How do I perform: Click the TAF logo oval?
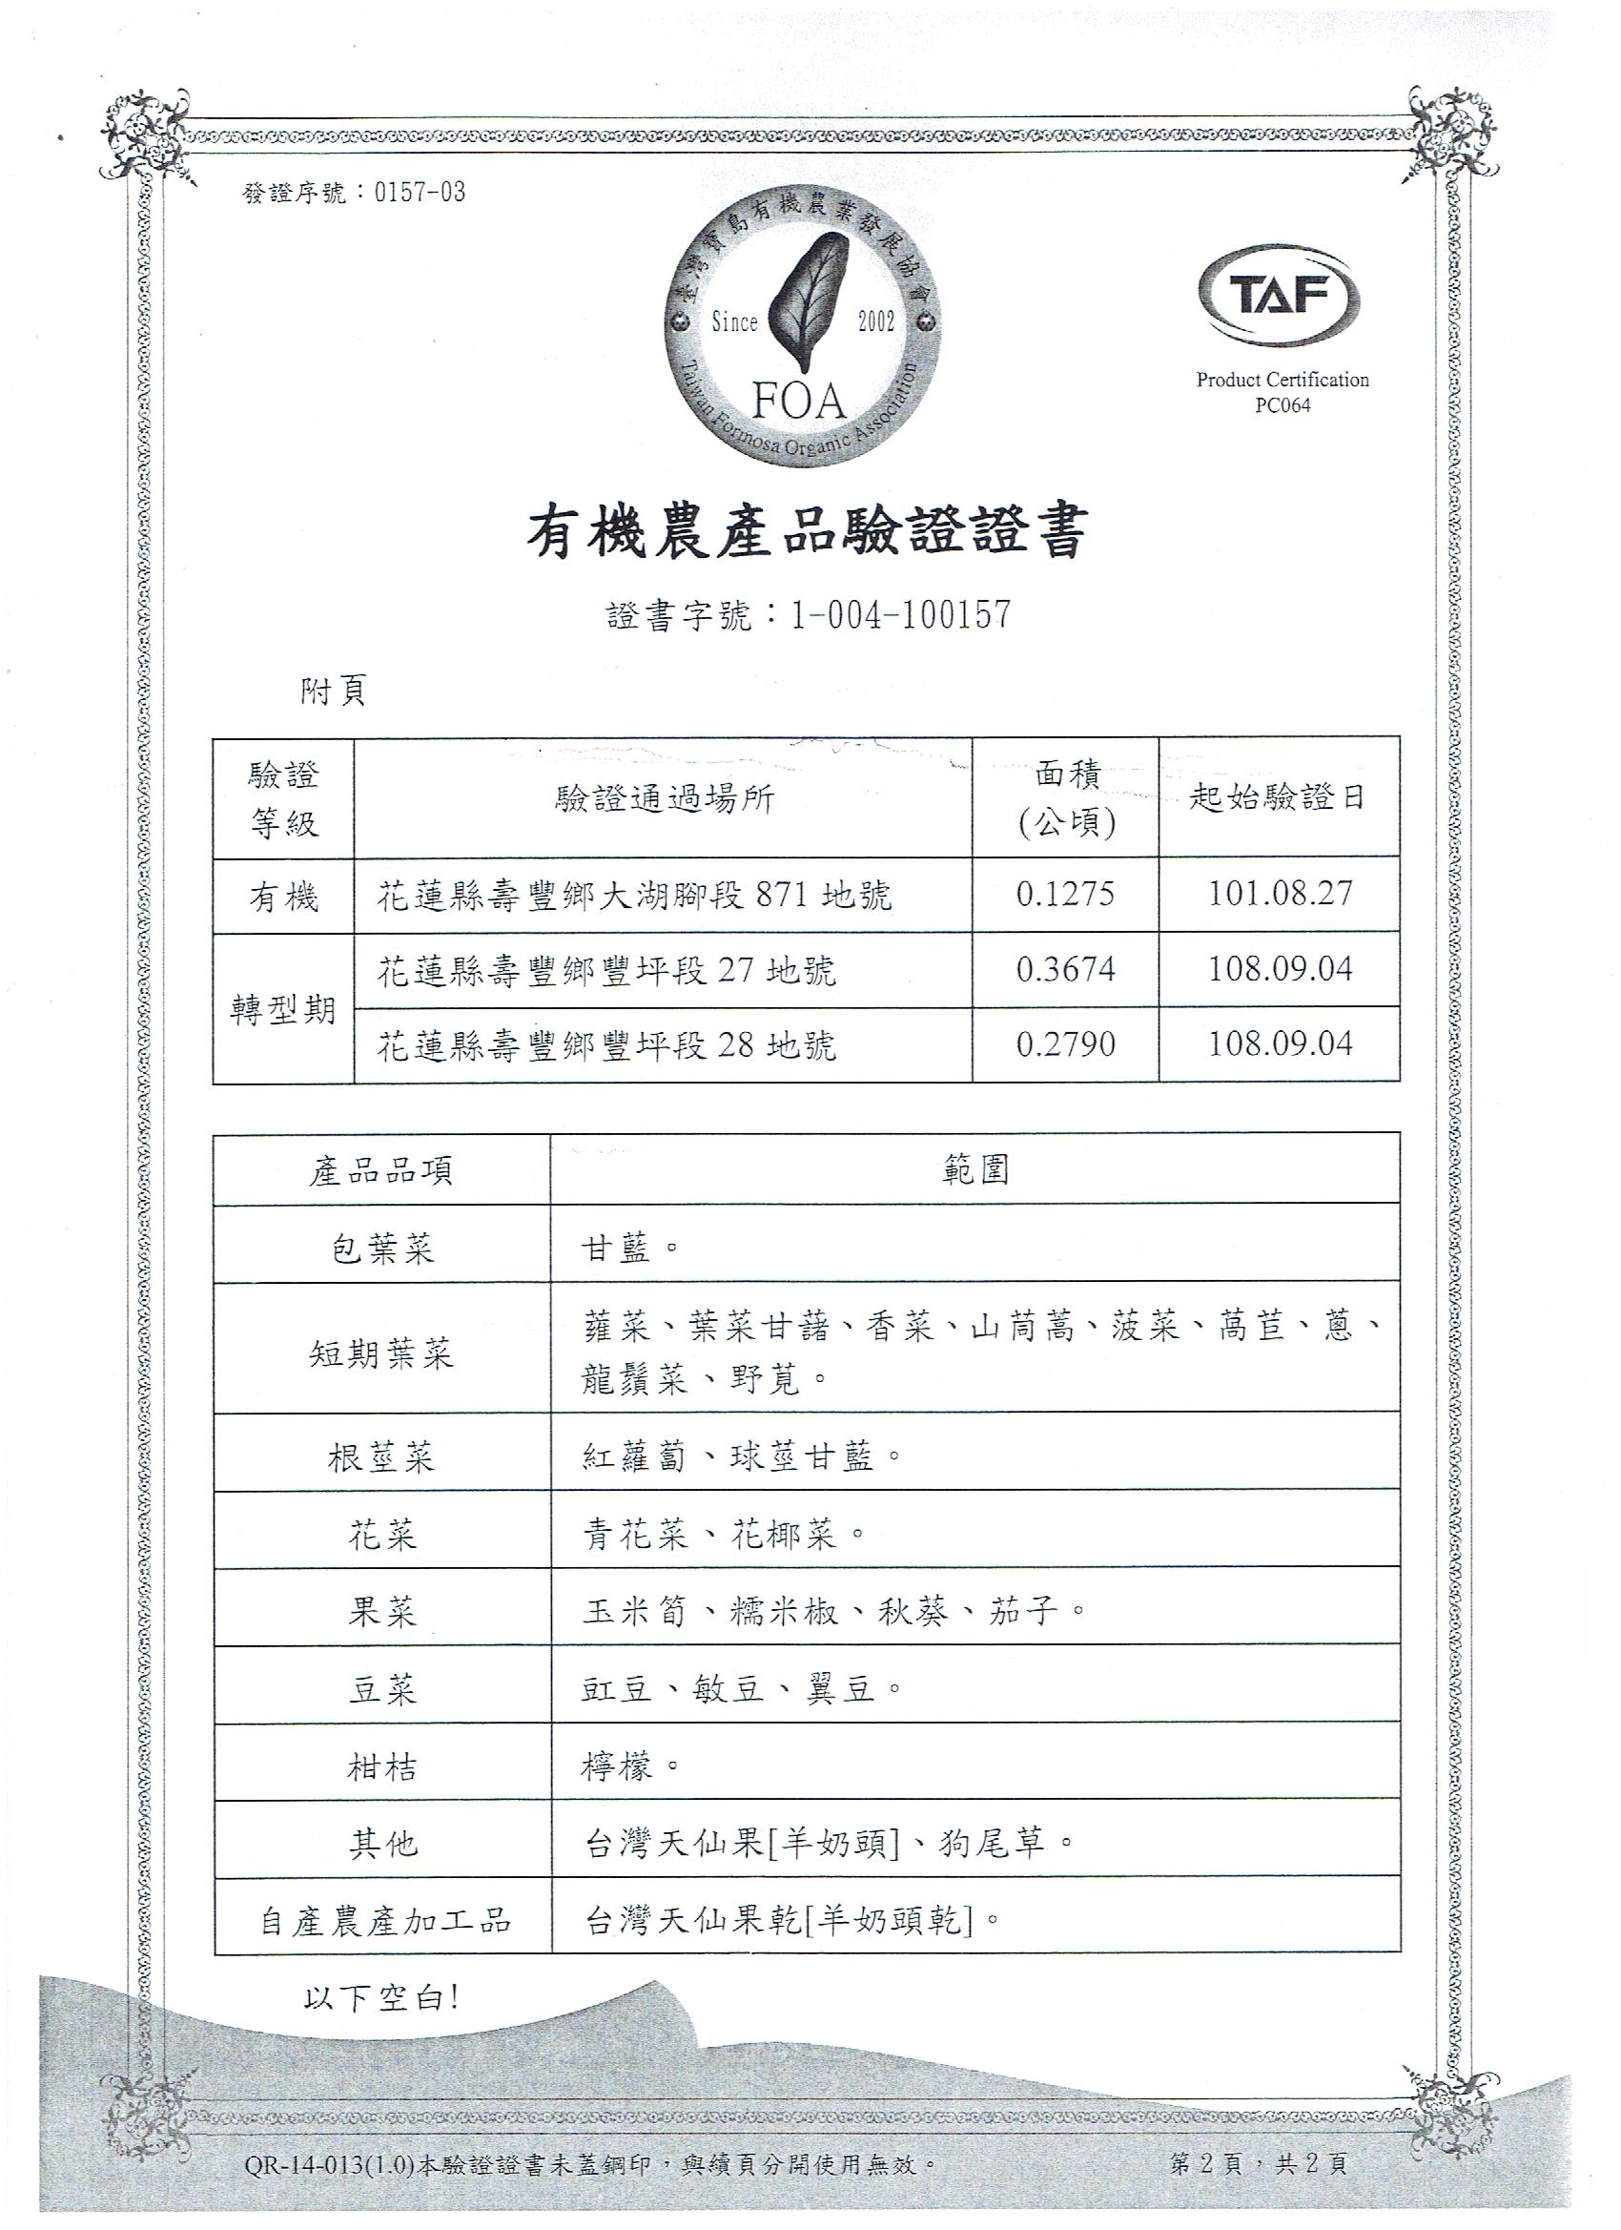click(1279, 295)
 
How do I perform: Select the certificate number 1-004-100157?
click(900, 614)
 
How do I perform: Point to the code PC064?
click(1282, 406)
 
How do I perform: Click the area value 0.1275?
click(1066, 894)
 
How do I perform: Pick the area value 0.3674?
click(1066, 969)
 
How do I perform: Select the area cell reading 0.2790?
click(1066, 1043)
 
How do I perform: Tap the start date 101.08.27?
click(1280, 894)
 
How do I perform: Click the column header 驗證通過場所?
click(664, 798)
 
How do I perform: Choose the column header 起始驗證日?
click(1278, 797)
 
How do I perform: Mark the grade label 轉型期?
click(283, 1010)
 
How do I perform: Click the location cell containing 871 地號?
click(635, 895)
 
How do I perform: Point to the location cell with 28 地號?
click(606, 1045)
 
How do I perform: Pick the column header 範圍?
click(975, 1169)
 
